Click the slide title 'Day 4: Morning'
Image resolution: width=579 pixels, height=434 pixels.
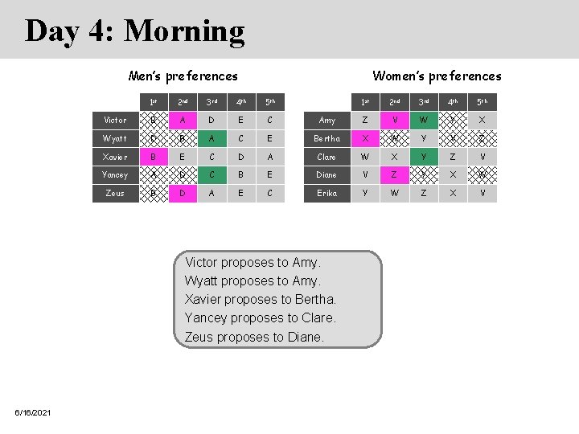point(134,31)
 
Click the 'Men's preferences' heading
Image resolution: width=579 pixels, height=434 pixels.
point(183,76)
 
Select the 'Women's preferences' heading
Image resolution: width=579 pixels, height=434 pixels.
point(437,76)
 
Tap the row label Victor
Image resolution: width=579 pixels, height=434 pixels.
point(115,121)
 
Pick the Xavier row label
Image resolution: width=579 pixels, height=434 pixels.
point(115,157)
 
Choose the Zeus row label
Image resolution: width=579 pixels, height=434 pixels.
point(115,193)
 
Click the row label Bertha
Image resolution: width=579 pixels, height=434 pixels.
point(326,138)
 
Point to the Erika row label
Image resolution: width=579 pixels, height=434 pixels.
point(326,193)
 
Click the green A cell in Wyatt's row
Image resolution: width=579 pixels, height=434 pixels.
point(211,138)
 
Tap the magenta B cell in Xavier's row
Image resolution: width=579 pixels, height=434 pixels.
point(154,157)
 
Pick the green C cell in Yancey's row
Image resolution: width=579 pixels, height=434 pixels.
point(211,174)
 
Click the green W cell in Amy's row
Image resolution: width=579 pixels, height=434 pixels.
point(423,121)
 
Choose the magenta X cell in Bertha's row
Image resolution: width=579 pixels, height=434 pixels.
point(365,138)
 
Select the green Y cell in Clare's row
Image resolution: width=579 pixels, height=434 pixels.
point(423,157)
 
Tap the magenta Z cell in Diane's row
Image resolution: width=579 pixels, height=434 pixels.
point(394,174)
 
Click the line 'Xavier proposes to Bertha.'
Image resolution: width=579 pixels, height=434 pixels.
point(261,299)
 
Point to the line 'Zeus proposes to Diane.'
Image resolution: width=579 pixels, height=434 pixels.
point(254,337)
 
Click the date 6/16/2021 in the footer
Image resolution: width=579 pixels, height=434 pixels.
point(33,412)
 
